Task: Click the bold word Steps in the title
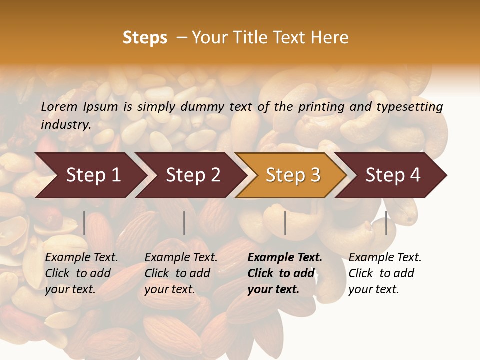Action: tap(145, 38)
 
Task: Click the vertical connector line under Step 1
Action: tap(84, 223)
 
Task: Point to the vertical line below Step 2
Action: tap(184, 223)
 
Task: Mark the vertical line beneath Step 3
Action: tap(285, 223)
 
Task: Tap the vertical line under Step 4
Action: tap(386, 223)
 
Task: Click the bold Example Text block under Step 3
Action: tap(284, 273)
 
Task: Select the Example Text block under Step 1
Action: tap(81, 273)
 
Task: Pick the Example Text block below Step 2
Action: tap(181, 273)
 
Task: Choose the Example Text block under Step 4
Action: tap(384, 273)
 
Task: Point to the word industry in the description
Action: tap(65, 125)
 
